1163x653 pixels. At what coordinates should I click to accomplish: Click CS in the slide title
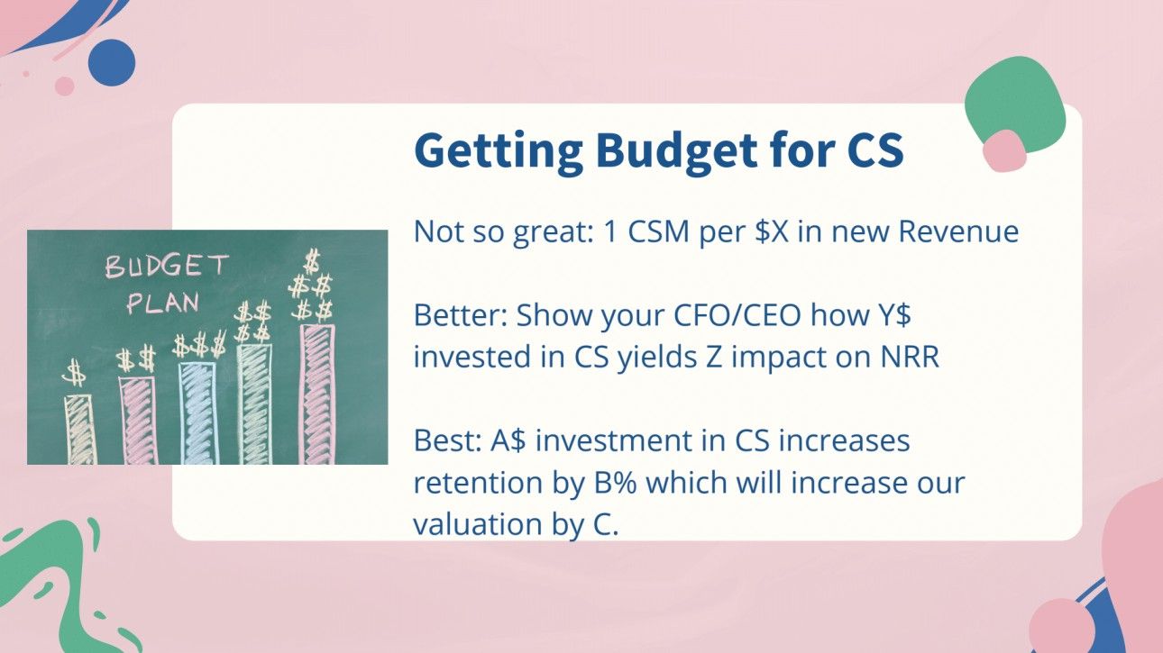click(875, 151)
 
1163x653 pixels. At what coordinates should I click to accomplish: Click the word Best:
click(448, 441)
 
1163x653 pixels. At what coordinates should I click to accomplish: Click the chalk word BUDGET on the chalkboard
click(167, 267)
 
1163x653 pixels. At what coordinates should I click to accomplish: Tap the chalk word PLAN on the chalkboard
click(162, 302)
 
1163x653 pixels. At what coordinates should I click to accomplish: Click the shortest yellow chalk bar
click(79, 429)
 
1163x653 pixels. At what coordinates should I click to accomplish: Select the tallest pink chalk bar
click(316, 395)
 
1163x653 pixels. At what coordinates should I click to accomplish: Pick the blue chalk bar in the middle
click(197, 413)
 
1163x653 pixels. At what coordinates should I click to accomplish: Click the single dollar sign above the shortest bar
click(76, 372)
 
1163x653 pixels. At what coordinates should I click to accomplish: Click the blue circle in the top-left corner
click(112, 63)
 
